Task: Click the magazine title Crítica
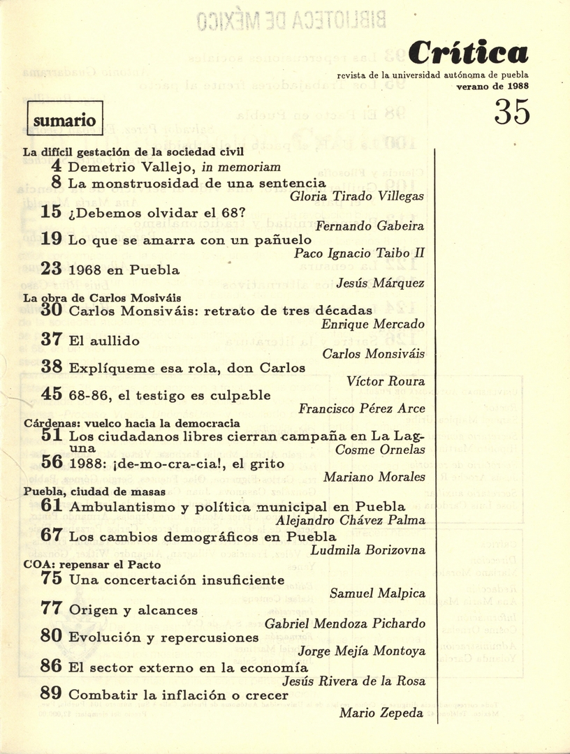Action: [467, 52]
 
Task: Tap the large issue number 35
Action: [511, 112]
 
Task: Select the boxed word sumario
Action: [64, 119]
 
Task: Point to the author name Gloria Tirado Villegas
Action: [357, 197]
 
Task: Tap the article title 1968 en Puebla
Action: [124, 269]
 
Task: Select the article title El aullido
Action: [104, 341]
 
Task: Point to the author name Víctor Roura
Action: [386, 382]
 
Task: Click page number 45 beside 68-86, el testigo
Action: [52, 394]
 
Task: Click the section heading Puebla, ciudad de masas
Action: [89, 491]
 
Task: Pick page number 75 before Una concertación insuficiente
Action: [52, 579]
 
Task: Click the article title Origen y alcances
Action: [133, 609]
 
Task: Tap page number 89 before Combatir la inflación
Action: [52, 695]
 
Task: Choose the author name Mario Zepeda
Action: [381, 713]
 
